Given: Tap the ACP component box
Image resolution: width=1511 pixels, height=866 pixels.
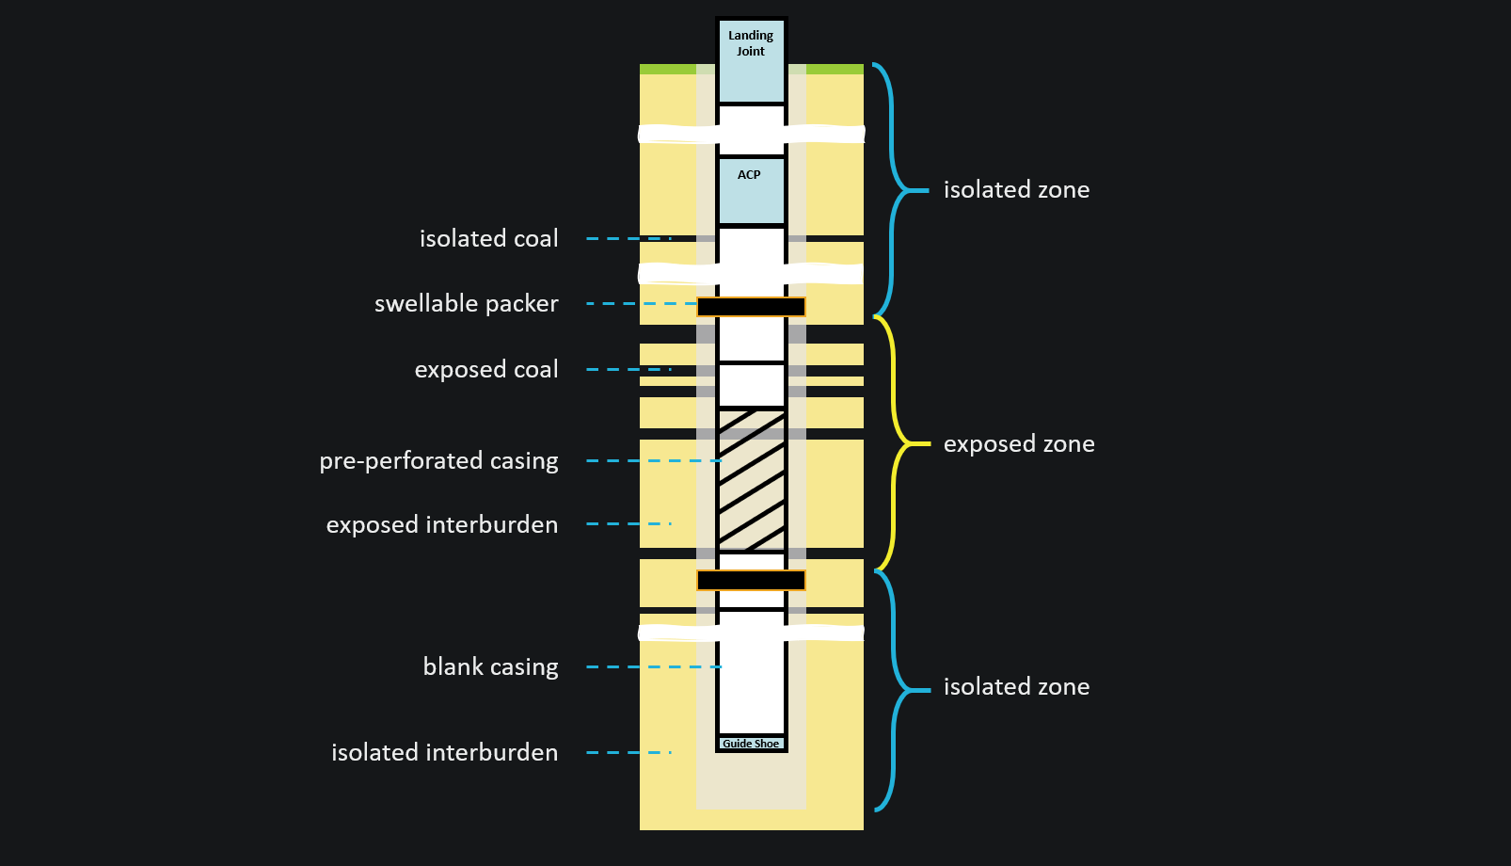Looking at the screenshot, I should point(751,191).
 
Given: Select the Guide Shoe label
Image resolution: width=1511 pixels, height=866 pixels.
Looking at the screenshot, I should point(751,744).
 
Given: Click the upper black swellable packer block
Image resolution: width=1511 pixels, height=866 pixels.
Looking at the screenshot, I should point(751,307).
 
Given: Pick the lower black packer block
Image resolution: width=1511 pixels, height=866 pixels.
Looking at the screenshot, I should point(751,580).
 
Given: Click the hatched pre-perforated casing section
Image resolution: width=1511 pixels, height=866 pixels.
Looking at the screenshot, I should point(751,480).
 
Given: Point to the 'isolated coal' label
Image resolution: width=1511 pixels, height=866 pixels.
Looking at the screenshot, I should point(488,239).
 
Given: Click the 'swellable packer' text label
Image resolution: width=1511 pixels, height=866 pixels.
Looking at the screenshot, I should point(466,304).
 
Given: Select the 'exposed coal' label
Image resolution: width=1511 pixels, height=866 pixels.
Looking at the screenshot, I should point(486,370).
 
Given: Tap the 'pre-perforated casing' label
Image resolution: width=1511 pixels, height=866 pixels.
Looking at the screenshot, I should point(438,461).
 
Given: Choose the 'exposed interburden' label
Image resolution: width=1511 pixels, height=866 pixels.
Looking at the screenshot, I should point(441,524).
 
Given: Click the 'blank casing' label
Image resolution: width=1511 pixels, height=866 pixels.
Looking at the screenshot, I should point(490,667).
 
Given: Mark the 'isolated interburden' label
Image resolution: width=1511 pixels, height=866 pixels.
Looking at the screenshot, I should point(444,753).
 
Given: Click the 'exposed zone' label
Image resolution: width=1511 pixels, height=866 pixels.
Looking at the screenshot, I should point(1019,444).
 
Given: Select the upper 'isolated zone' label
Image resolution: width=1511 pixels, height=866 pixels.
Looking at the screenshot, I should point(1016,190).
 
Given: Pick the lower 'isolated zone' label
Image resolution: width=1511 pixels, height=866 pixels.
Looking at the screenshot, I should point(1016,687).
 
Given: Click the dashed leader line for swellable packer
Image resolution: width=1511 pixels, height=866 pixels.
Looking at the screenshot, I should point(640,304).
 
